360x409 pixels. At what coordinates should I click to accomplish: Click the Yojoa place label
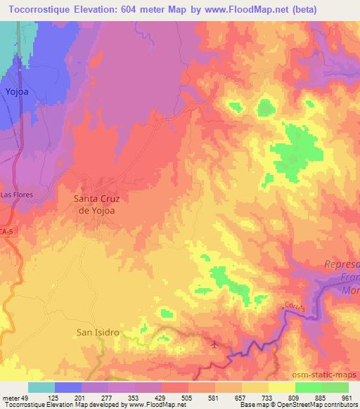(x=15, y=92)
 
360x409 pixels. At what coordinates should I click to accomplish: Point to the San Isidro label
(x=96, y=331)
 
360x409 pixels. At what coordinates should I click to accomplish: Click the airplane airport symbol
(x=214, y=344)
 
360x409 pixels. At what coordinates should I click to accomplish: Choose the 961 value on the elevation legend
(x=348, y=398)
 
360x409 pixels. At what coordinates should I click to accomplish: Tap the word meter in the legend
(x=11, y=398)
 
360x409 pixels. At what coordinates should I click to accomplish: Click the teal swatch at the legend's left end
(x=41, y=387)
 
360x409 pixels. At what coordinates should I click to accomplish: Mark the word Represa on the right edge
(x=342, y=264)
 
